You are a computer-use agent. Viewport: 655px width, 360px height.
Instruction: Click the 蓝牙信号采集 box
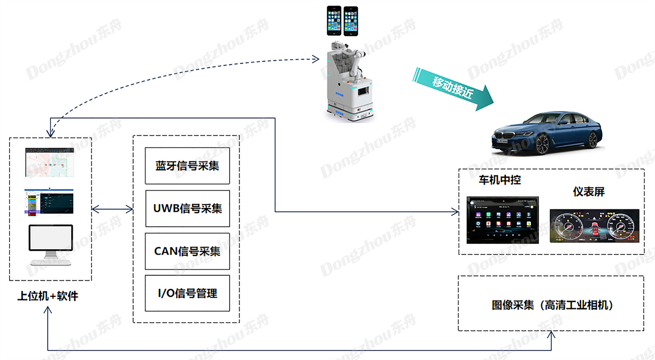click(x=187, y=166)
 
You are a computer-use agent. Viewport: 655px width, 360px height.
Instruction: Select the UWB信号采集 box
click(x=187, y=208)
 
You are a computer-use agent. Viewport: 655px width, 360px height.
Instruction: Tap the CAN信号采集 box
click(x=187, y=251)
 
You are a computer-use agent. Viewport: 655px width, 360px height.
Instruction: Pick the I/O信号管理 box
click(x=187, y=293)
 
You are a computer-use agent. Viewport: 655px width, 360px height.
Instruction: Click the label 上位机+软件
click(x=48, y=296)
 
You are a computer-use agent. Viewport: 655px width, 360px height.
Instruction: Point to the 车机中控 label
click(x=499, y=180)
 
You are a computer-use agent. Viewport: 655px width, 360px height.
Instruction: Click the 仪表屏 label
click(x=589, y=192)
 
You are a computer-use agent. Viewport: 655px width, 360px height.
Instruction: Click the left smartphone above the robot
click(x=334, y=21)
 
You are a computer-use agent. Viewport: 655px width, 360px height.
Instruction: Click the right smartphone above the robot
click(x=350, y=21)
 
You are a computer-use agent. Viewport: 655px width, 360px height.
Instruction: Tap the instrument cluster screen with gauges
click(x=594, y=225)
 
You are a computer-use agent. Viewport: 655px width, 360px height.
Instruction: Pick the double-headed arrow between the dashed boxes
click(x=112, y=209)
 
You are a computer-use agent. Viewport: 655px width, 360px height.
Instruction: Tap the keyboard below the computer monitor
click(x=50, y=262)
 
